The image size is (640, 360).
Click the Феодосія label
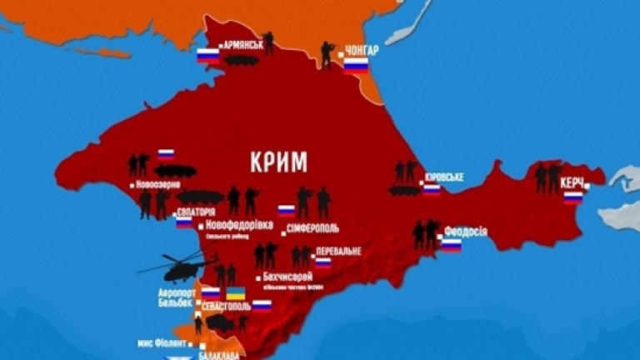click(467, 232)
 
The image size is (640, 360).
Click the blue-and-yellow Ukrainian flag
click(237, 294)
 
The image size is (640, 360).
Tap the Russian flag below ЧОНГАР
click(357, 66)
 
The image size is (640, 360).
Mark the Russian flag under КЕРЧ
click(573, 197)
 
